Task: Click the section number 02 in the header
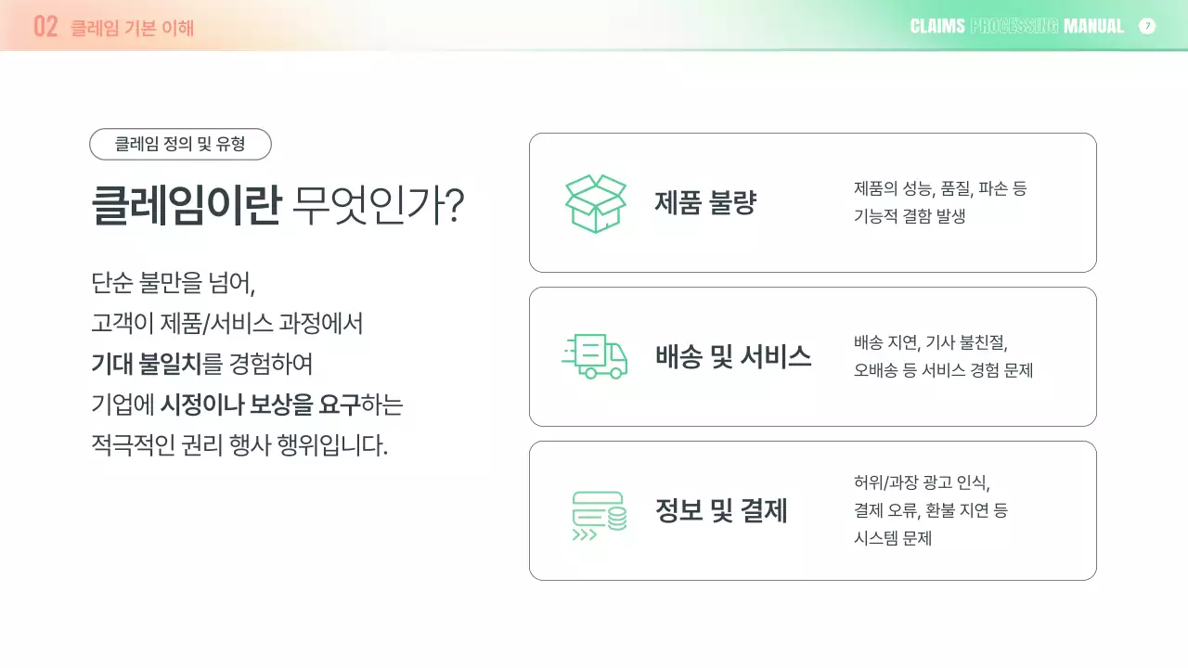45,26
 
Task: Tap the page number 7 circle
1147,26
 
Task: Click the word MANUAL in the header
1093,26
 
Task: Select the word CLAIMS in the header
937,26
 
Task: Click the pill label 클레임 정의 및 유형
180,144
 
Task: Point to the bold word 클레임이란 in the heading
186,205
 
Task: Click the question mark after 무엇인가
454,205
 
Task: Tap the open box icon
596,203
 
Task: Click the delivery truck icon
596,356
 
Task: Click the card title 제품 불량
705,203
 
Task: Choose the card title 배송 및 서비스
733,356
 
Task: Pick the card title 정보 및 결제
721,510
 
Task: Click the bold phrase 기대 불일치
146,364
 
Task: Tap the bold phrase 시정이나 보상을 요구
260,405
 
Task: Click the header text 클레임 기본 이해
133,27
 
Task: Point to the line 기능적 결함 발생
910,216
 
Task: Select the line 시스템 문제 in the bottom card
892,538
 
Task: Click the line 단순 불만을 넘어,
173,281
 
